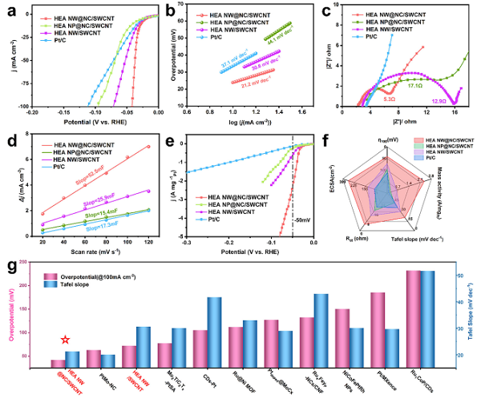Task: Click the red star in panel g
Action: click(65, 340)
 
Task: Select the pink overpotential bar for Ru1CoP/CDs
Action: click(414, 319)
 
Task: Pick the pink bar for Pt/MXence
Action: click(378, 330)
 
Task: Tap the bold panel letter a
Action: click(7, 8)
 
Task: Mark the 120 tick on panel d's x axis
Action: click(148, 241)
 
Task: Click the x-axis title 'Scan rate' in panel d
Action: click(79, 252)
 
